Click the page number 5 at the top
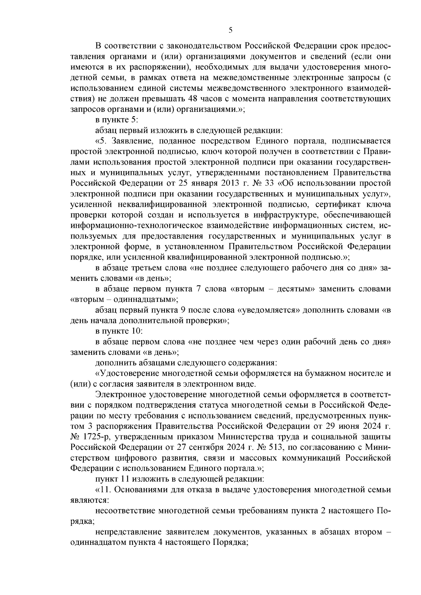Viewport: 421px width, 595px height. (x=230, y=30)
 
